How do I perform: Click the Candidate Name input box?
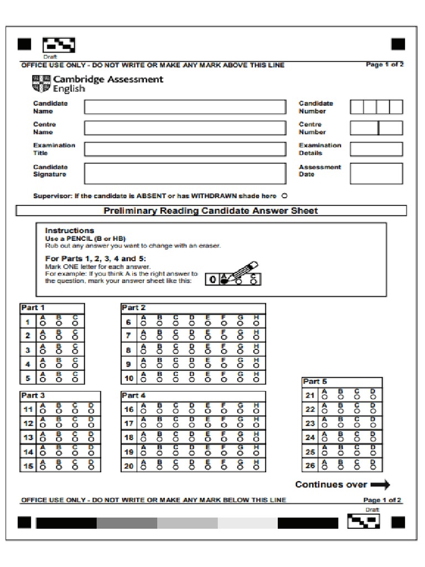[185, 107]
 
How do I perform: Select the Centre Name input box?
[185, 128]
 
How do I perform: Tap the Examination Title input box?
[185, 149]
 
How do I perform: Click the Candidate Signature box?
[185, 173]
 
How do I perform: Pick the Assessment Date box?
[376, 173]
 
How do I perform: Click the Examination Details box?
[376, 149]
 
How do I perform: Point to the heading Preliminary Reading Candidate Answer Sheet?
[211, 211]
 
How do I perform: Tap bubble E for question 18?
[208, 440]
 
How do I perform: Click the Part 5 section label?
[315, 382]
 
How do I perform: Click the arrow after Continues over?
[380, 485]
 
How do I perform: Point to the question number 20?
[129, 466]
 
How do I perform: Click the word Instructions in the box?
[70, 230]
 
